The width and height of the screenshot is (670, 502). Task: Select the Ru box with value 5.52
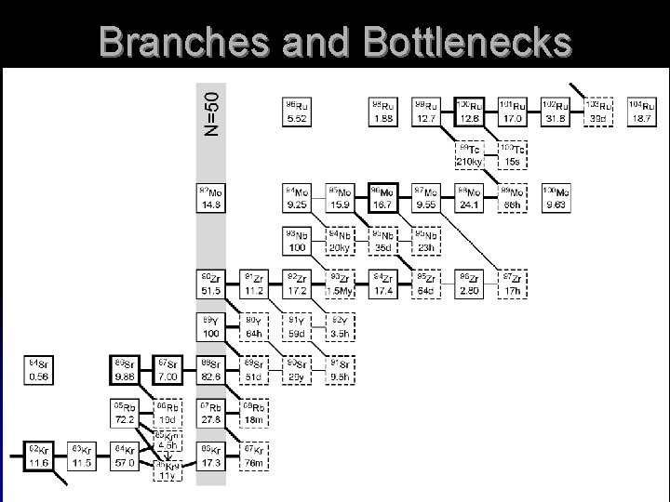297,112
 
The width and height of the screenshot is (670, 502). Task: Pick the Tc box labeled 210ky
469,154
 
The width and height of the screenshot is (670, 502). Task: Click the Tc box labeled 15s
513,154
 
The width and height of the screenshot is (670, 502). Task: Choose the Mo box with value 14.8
211,198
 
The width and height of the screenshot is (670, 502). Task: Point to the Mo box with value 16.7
383,198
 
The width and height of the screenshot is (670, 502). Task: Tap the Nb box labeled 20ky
341,241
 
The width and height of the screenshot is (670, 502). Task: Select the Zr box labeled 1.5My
341,284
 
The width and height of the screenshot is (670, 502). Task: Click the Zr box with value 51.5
211,284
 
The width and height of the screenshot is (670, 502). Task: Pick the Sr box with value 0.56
38,369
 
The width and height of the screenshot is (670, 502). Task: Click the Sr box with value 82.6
211,369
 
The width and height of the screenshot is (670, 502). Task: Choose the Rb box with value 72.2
125,412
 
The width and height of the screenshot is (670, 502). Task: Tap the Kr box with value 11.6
38,456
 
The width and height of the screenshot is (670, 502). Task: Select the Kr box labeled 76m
254,456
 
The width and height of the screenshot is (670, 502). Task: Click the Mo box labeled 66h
513,198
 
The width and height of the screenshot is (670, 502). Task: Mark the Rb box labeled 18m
254,412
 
